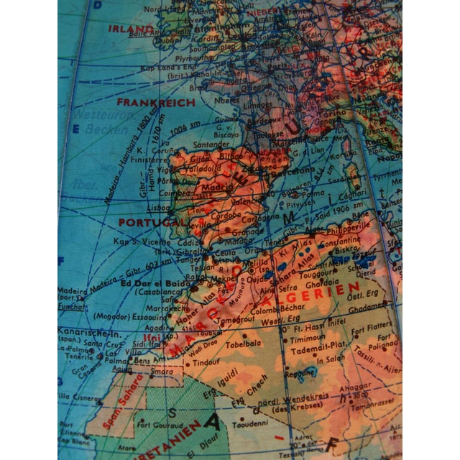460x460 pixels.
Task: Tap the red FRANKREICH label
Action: tap(156, 102)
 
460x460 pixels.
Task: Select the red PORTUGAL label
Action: tap(147, 223)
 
